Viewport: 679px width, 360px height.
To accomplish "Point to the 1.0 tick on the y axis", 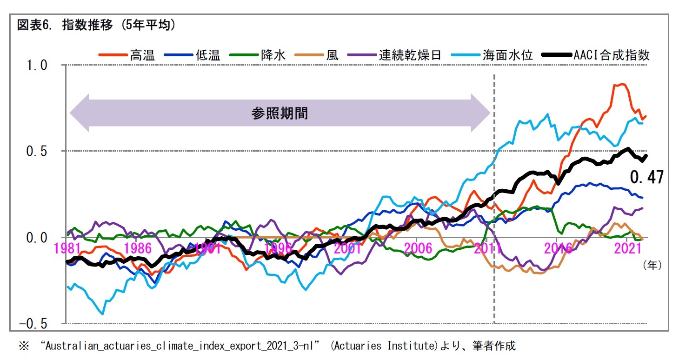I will coord(38,66).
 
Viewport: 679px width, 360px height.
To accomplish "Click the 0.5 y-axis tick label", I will coord(38,152).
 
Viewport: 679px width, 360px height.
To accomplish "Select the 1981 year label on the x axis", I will coord(67,248).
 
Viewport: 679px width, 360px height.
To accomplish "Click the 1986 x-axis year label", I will coord(138,248).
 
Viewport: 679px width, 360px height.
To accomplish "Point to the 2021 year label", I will coord(628,248).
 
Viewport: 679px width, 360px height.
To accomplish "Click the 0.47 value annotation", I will coord(646,177).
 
